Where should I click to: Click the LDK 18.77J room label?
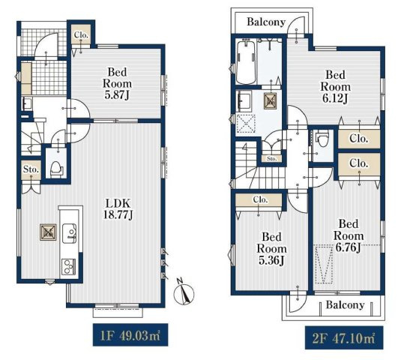118,208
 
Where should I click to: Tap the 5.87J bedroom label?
117,83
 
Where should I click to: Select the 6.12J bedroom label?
335,87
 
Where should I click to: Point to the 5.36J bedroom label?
271,249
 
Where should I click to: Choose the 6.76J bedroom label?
349,235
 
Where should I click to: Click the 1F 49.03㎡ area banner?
130,334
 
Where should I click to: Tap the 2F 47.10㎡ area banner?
344,337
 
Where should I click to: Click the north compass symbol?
184,292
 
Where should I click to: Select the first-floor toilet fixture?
56,169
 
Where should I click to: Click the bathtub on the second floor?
245,62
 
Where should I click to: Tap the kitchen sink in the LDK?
69,233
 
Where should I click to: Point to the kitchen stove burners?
68,267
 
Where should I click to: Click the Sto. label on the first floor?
31,169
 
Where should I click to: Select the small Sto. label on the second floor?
271,159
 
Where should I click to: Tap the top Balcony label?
266,22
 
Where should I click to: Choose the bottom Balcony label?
346,304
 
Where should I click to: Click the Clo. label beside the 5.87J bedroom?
81,34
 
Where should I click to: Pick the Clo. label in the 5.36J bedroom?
261,200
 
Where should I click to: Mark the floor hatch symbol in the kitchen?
48,232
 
